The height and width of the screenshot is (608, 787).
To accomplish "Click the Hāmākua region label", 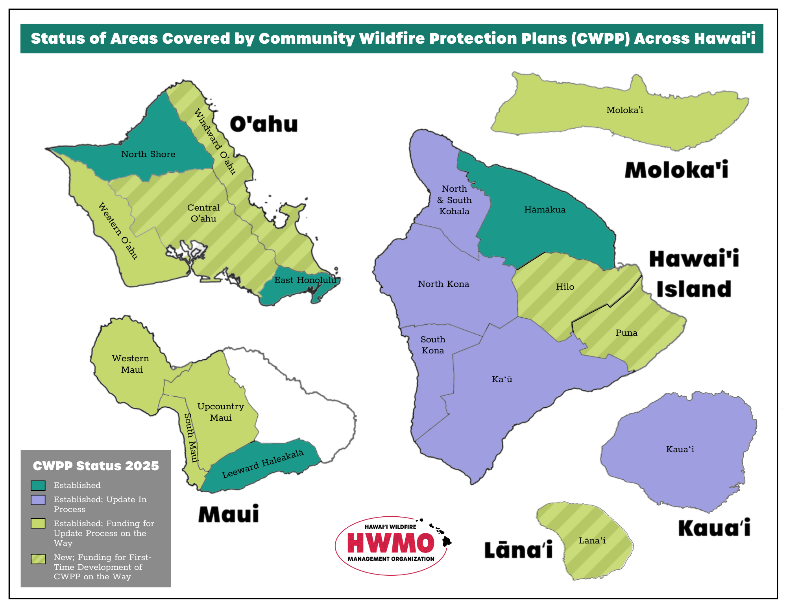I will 545,210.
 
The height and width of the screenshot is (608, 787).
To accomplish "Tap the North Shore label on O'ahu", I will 148,154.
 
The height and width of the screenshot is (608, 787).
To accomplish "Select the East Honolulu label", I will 305,280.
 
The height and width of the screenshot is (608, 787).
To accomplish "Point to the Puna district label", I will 626,333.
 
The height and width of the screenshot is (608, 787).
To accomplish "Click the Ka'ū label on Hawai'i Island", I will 502,379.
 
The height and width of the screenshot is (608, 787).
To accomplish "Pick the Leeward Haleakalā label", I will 263,464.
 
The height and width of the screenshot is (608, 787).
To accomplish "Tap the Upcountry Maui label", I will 220,412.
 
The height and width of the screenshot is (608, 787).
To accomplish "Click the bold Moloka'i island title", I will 676,170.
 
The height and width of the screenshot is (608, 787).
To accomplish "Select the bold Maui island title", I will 229,514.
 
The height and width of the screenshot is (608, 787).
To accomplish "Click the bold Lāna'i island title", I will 518,550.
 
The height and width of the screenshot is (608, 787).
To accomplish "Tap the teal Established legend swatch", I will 38,485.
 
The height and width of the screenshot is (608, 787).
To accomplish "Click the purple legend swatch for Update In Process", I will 38,500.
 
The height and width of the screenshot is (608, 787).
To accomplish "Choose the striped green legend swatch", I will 38,559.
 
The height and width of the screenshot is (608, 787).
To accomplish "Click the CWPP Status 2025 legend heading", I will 96,466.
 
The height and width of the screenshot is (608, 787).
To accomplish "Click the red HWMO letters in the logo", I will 391,543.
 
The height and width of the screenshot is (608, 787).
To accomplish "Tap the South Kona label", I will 433,345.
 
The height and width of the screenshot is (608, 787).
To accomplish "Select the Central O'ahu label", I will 203,213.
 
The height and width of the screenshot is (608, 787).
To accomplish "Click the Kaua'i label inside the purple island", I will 680,449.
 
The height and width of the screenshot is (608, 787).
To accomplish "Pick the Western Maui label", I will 131,364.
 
